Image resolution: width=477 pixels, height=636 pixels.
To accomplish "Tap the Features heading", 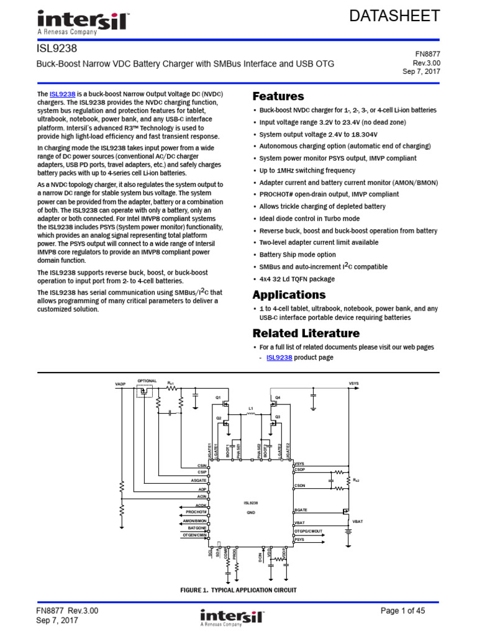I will (x=278, y=96).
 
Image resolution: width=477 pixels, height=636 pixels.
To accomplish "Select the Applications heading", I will (x=289, y=294).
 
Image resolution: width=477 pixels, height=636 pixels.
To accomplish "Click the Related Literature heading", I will (x=306, y=333).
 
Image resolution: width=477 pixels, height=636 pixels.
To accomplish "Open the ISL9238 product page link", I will (x=279, y=358).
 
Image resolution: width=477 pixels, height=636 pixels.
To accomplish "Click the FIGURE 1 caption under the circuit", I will (x=238, y=590).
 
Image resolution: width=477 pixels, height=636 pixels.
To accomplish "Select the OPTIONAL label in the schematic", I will (x=147, y=381).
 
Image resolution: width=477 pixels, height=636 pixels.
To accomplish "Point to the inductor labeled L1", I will (x=251, y=409).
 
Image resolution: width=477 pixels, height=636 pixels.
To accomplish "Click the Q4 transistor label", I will (x=278, y=397).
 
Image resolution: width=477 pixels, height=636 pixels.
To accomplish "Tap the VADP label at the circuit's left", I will (x=120, y=384).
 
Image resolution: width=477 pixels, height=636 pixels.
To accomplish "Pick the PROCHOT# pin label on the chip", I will (x=196, y=512).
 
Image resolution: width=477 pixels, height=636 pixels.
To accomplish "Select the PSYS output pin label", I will (x=299, y=539).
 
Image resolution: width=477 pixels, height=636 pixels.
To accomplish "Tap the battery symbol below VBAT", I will (x=347, y=531).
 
